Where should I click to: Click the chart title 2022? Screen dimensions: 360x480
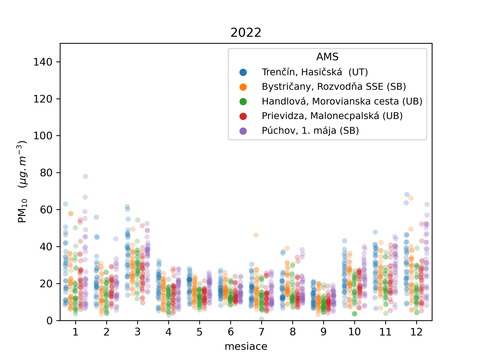[x=246, y=32]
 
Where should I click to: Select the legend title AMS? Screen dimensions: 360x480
[x=327, y=57]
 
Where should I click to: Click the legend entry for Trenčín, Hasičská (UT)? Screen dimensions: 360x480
[x=314, y=72]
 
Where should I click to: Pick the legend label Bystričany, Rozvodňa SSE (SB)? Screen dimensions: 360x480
[x=334, y=87]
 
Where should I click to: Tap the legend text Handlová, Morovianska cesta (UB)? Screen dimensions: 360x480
[x=342, y=101]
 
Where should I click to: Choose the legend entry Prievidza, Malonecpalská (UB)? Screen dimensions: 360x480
[x=332, y=116]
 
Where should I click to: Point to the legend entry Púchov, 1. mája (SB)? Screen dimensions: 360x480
[x=310, y=130]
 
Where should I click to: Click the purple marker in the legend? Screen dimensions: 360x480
[x=243, y=131]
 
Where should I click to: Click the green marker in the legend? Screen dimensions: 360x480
[x=243, y=102]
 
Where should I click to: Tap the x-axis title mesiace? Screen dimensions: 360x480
[x=246, y=346]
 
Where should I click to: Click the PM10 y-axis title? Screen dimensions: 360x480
[x=22, y=181]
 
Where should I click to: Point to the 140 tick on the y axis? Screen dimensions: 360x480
[x=43, y=62]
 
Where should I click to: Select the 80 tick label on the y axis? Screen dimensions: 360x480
[x=46, y=173]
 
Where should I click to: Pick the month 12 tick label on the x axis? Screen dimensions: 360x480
[x=416, y=332]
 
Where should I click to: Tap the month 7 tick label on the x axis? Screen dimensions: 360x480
[x=261, y=332]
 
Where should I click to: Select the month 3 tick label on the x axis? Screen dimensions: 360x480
[x=137, y=332]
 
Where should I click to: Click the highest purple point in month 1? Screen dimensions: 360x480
[x=85, y=176]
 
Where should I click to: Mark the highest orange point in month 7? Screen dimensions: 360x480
[x=256, y=235]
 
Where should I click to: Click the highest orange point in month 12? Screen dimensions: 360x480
[x=411, y=198]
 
